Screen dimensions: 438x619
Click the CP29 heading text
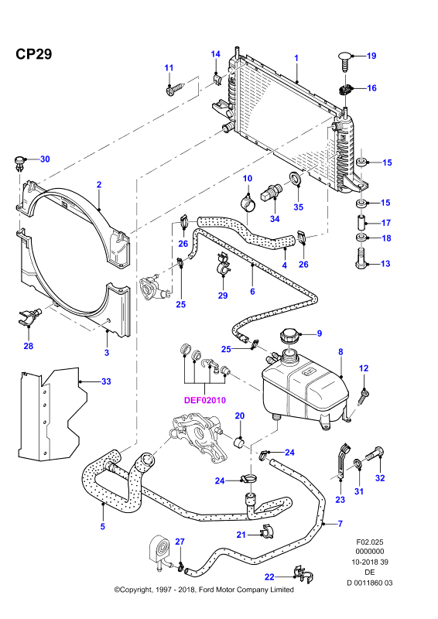(33, 54)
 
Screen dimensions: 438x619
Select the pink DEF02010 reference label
(205, 400)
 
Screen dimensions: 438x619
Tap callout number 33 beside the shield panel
(106, 381)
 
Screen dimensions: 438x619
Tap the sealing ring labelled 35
(296, 179)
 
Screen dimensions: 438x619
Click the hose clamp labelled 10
(248, 203)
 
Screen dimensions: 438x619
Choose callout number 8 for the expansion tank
(340, 352)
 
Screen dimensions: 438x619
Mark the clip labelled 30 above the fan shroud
(19, 164)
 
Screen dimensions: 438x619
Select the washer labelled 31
(358, 463)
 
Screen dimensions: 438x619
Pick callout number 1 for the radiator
(296, 58)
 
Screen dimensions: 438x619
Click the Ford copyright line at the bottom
(204, 590)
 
